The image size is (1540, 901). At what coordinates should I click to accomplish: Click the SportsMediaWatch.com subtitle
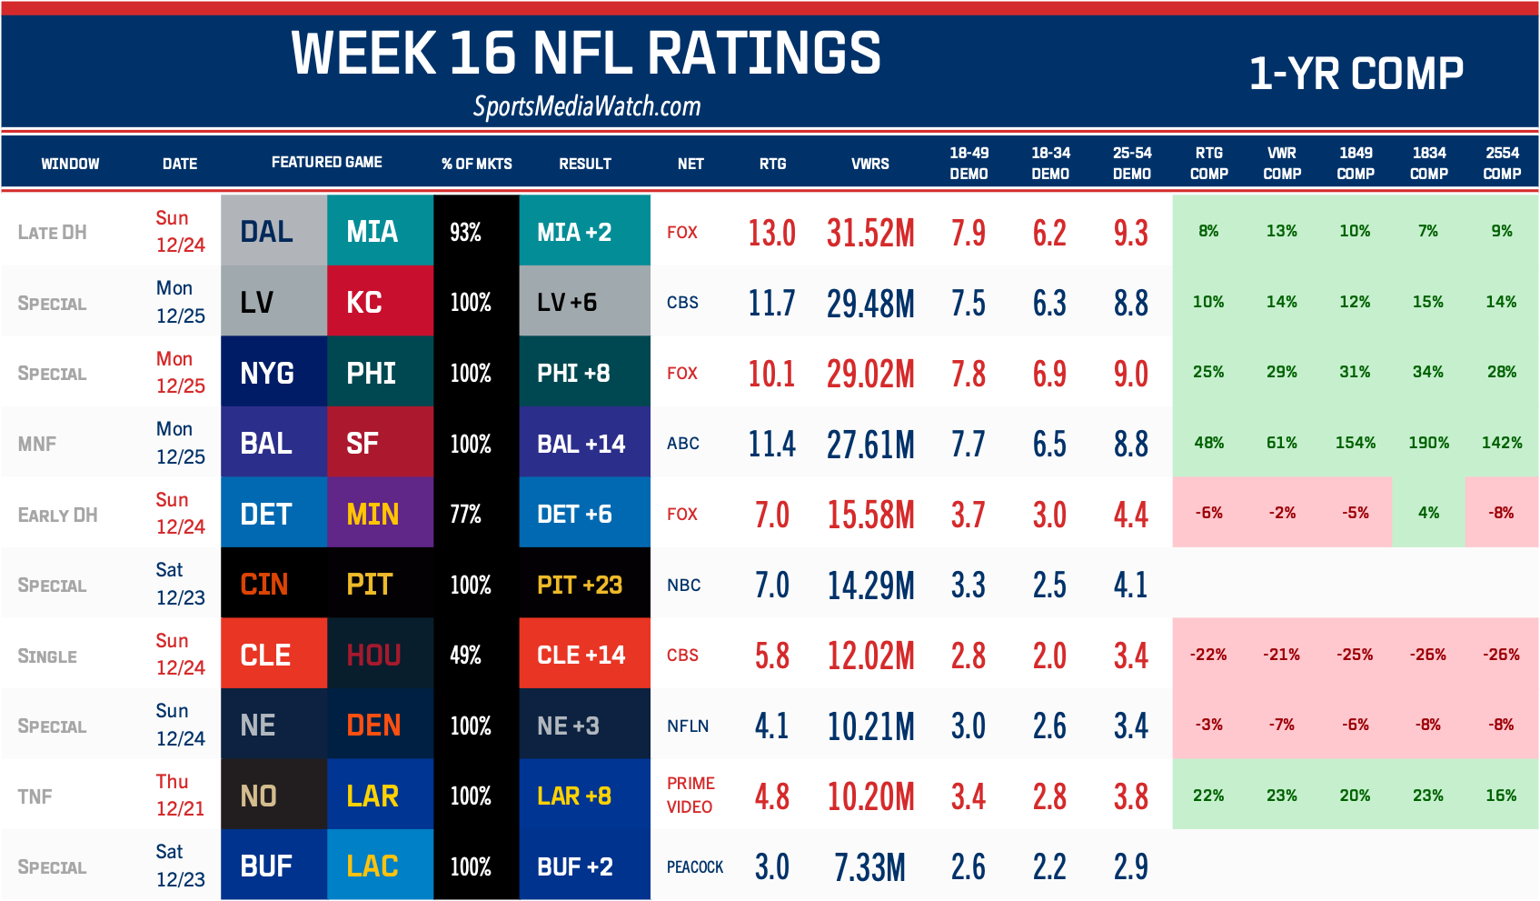(x=587, y=107)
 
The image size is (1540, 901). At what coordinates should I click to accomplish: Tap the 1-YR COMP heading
(x=1356, y=74)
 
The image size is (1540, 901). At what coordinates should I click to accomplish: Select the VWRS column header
(x=869, y=164)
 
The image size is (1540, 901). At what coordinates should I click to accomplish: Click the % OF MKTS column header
(x=476, y=164)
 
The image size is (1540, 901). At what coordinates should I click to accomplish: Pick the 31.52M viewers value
(x=869, y=233)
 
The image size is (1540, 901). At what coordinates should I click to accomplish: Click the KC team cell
(x=380, y=302)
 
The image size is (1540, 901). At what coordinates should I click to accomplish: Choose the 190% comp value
(x=1428, y=443)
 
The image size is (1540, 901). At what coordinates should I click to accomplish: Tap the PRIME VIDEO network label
(x=691, y=795)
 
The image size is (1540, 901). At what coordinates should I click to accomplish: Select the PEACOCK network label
(x=695, y=866)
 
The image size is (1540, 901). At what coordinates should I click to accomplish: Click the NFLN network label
(x=688, y=726)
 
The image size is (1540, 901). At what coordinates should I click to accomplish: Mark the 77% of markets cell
(x=466, y=515)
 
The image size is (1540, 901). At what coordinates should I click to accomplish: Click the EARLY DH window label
(x=57, y=516)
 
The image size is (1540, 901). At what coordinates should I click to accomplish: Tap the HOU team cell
(x=380, y=655)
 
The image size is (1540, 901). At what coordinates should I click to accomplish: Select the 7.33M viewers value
(x=869, y=866)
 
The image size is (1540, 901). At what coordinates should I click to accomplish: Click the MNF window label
(x=37, y=445)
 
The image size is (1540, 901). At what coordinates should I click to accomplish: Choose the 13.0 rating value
(x=771, y=233)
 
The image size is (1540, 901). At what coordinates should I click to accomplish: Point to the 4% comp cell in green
(x=1428, y=513)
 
